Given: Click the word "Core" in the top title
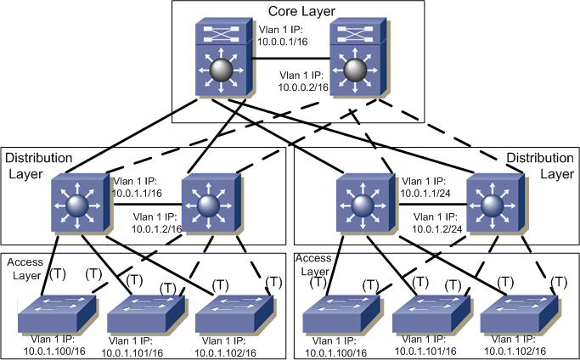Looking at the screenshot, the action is click(x=283, y=11).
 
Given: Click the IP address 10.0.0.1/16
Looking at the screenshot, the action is click(x=283, y=41).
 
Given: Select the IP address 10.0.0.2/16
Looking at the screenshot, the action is click(x=303, y=87).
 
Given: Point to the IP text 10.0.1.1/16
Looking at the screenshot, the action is click(x=137, y=193).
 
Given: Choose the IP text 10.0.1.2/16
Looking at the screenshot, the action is click(x=157, y=229).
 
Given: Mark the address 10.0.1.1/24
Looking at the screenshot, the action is click(x=425, y=193).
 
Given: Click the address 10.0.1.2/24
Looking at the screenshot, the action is click(x=437, y=229).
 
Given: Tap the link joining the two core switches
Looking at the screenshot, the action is click(x=290, y=59).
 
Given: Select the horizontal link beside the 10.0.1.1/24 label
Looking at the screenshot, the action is click(x=432, y=205).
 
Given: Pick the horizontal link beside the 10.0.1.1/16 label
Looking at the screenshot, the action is click(x=148, y=205).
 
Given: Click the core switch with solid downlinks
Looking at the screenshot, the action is click(x=224, y=58).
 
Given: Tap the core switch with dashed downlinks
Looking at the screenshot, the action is click(x=358, y=58).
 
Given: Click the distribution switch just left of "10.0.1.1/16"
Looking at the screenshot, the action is click(x=81, y=204).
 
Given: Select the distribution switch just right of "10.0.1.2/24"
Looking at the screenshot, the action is click(x=495, y=204).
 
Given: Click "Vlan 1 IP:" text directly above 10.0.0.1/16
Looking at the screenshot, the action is click(x=280, y=30).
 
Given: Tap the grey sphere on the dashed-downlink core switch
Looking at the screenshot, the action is click(x=355, y=70).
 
